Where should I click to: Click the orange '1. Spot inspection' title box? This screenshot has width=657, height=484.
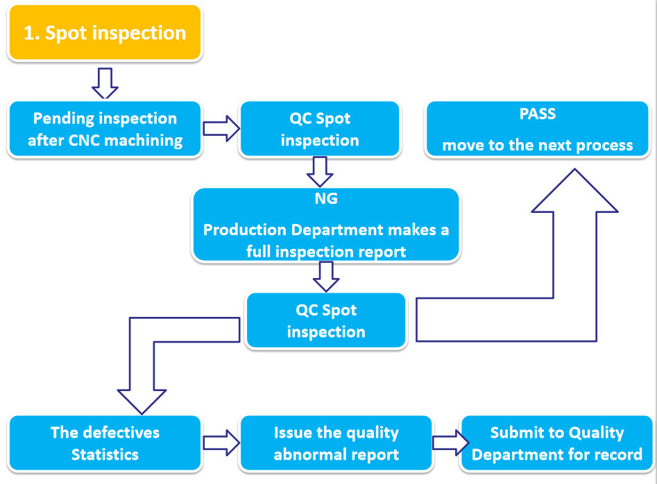click(105, 33)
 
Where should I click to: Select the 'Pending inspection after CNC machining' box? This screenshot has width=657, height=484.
click(105, 130)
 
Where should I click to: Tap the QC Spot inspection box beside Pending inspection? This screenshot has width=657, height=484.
click(319, 130)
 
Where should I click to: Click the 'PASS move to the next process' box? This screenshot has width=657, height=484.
click(538, 130)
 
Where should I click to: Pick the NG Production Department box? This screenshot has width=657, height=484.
click(326, 225)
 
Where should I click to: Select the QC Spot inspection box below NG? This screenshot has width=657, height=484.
click(325, 320)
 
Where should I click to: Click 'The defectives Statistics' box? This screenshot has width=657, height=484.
click(105, 444)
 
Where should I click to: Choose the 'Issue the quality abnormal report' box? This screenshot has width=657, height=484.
click(336, 444)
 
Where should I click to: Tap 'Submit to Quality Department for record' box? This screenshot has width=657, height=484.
click(556, 444)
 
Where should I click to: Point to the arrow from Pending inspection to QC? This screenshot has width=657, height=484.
click(221, 128)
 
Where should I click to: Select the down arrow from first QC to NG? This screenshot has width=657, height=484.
click(320, 171)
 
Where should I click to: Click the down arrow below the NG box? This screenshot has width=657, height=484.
click(326, 277)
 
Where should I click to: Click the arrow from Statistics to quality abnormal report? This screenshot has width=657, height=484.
click(221, 443)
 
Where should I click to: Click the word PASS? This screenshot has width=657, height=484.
click(538, 114)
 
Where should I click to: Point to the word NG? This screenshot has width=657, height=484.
click(326, 199)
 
